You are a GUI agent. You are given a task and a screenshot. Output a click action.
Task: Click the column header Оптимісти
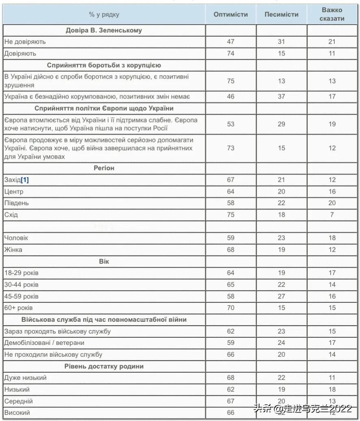click(x=230, y=14)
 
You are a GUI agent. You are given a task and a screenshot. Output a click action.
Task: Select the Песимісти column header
click(x=281, y=14)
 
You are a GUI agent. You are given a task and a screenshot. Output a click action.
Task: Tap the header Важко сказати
click(x=332, y=14)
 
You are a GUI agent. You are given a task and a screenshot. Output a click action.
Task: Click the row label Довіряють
click(x=20, y=53)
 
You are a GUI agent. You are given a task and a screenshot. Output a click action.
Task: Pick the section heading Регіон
click(x=104, y=168)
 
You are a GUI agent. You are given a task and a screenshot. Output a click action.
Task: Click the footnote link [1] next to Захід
click(x=25, y=180)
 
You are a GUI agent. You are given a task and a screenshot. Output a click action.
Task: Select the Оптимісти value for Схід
click(x=230, y=215)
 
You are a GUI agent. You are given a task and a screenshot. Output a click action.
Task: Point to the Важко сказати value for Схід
click(x=332, y=215)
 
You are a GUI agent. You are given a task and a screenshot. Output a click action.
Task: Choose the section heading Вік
click(x=104, y=261)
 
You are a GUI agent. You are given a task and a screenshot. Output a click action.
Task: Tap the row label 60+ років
click(x=19, y=308)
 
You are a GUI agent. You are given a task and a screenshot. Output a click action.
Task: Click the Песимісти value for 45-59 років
click(x=281, y=296)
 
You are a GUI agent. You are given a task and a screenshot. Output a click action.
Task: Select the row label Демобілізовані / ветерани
click(x=44, y=343)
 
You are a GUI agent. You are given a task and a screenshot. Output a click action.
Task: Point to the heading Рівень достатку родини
click(x=104, y=366)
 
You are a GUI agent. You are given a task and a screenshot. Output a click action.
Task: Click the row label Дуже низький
click(x=25, y=378)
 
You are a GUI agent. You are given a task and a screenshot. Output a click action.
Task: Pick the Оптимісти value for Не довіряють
click(x=230, y=41)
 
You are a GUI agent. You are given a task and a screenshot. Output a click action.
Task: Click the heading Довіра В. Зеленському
click(x=104, y=30)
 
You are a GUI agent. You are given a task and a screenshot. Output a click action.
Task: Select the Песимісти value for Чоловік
click(x=281, y=238)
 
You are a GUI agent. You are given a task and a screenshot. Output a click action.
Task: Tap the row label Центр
click(x=14, y=192)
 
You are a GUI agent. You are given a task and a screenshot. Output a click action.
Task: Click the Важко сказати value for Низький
click(x=332, y=389)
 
